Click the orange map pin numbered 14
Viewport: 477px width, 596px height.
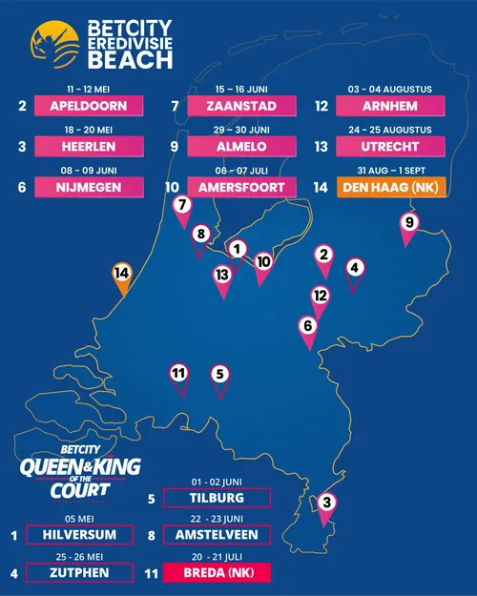(121, 274)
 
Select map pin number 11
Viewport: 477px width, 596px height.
(178, 374)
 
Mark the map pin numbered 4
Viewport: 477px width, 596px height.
(354, 270)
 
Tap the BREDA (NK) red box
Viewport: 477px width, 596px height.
(217, 572)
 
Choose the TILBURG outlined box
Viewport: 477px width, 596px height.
(217, 498)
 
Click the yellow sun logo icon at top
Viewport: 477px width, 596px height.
(55, 46)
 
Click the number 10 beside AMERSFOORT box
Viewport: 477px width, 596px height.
(173, 188)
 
